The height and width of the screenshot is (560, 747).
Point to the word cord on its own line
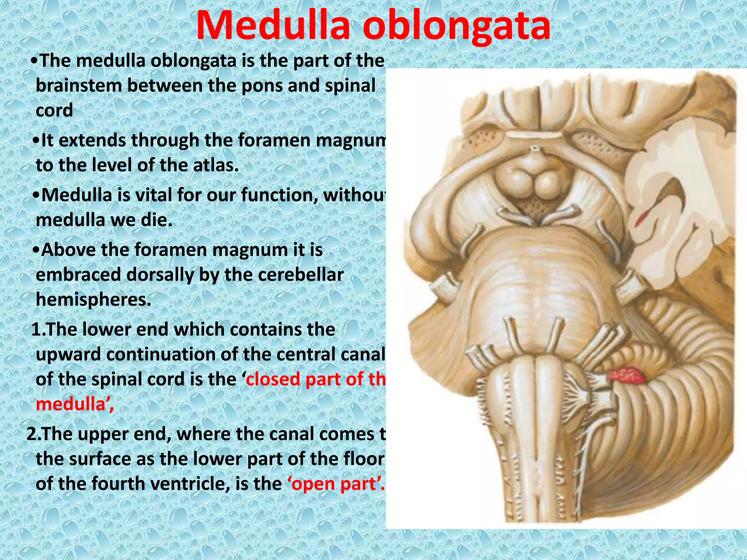coord(54,110)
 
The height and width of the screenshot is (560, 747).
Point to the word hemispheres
coord(93,300)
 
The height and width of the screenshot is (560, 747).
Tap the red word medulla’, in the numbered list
coord(75,404)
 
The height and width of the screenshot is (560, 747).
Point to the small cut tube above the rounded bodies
coord(535,150)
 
